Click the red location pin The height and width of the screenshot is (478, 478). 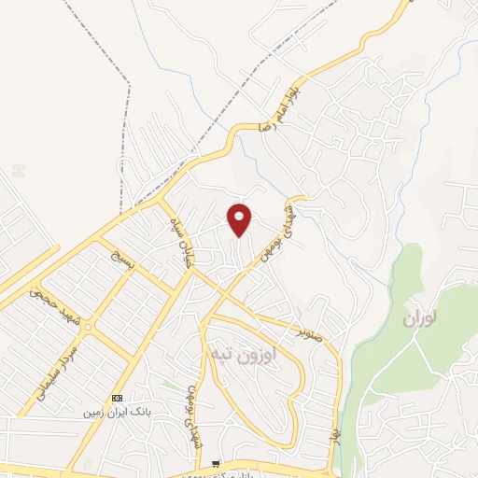(x=240, y=219)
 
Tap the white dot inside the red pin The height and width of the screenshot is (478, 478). (x=240, y=216)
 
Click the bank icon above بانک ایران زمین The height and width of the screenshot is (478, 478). (x=117, y=397)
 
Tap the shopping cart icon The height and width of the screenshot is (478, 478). (x=217, y=463)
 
